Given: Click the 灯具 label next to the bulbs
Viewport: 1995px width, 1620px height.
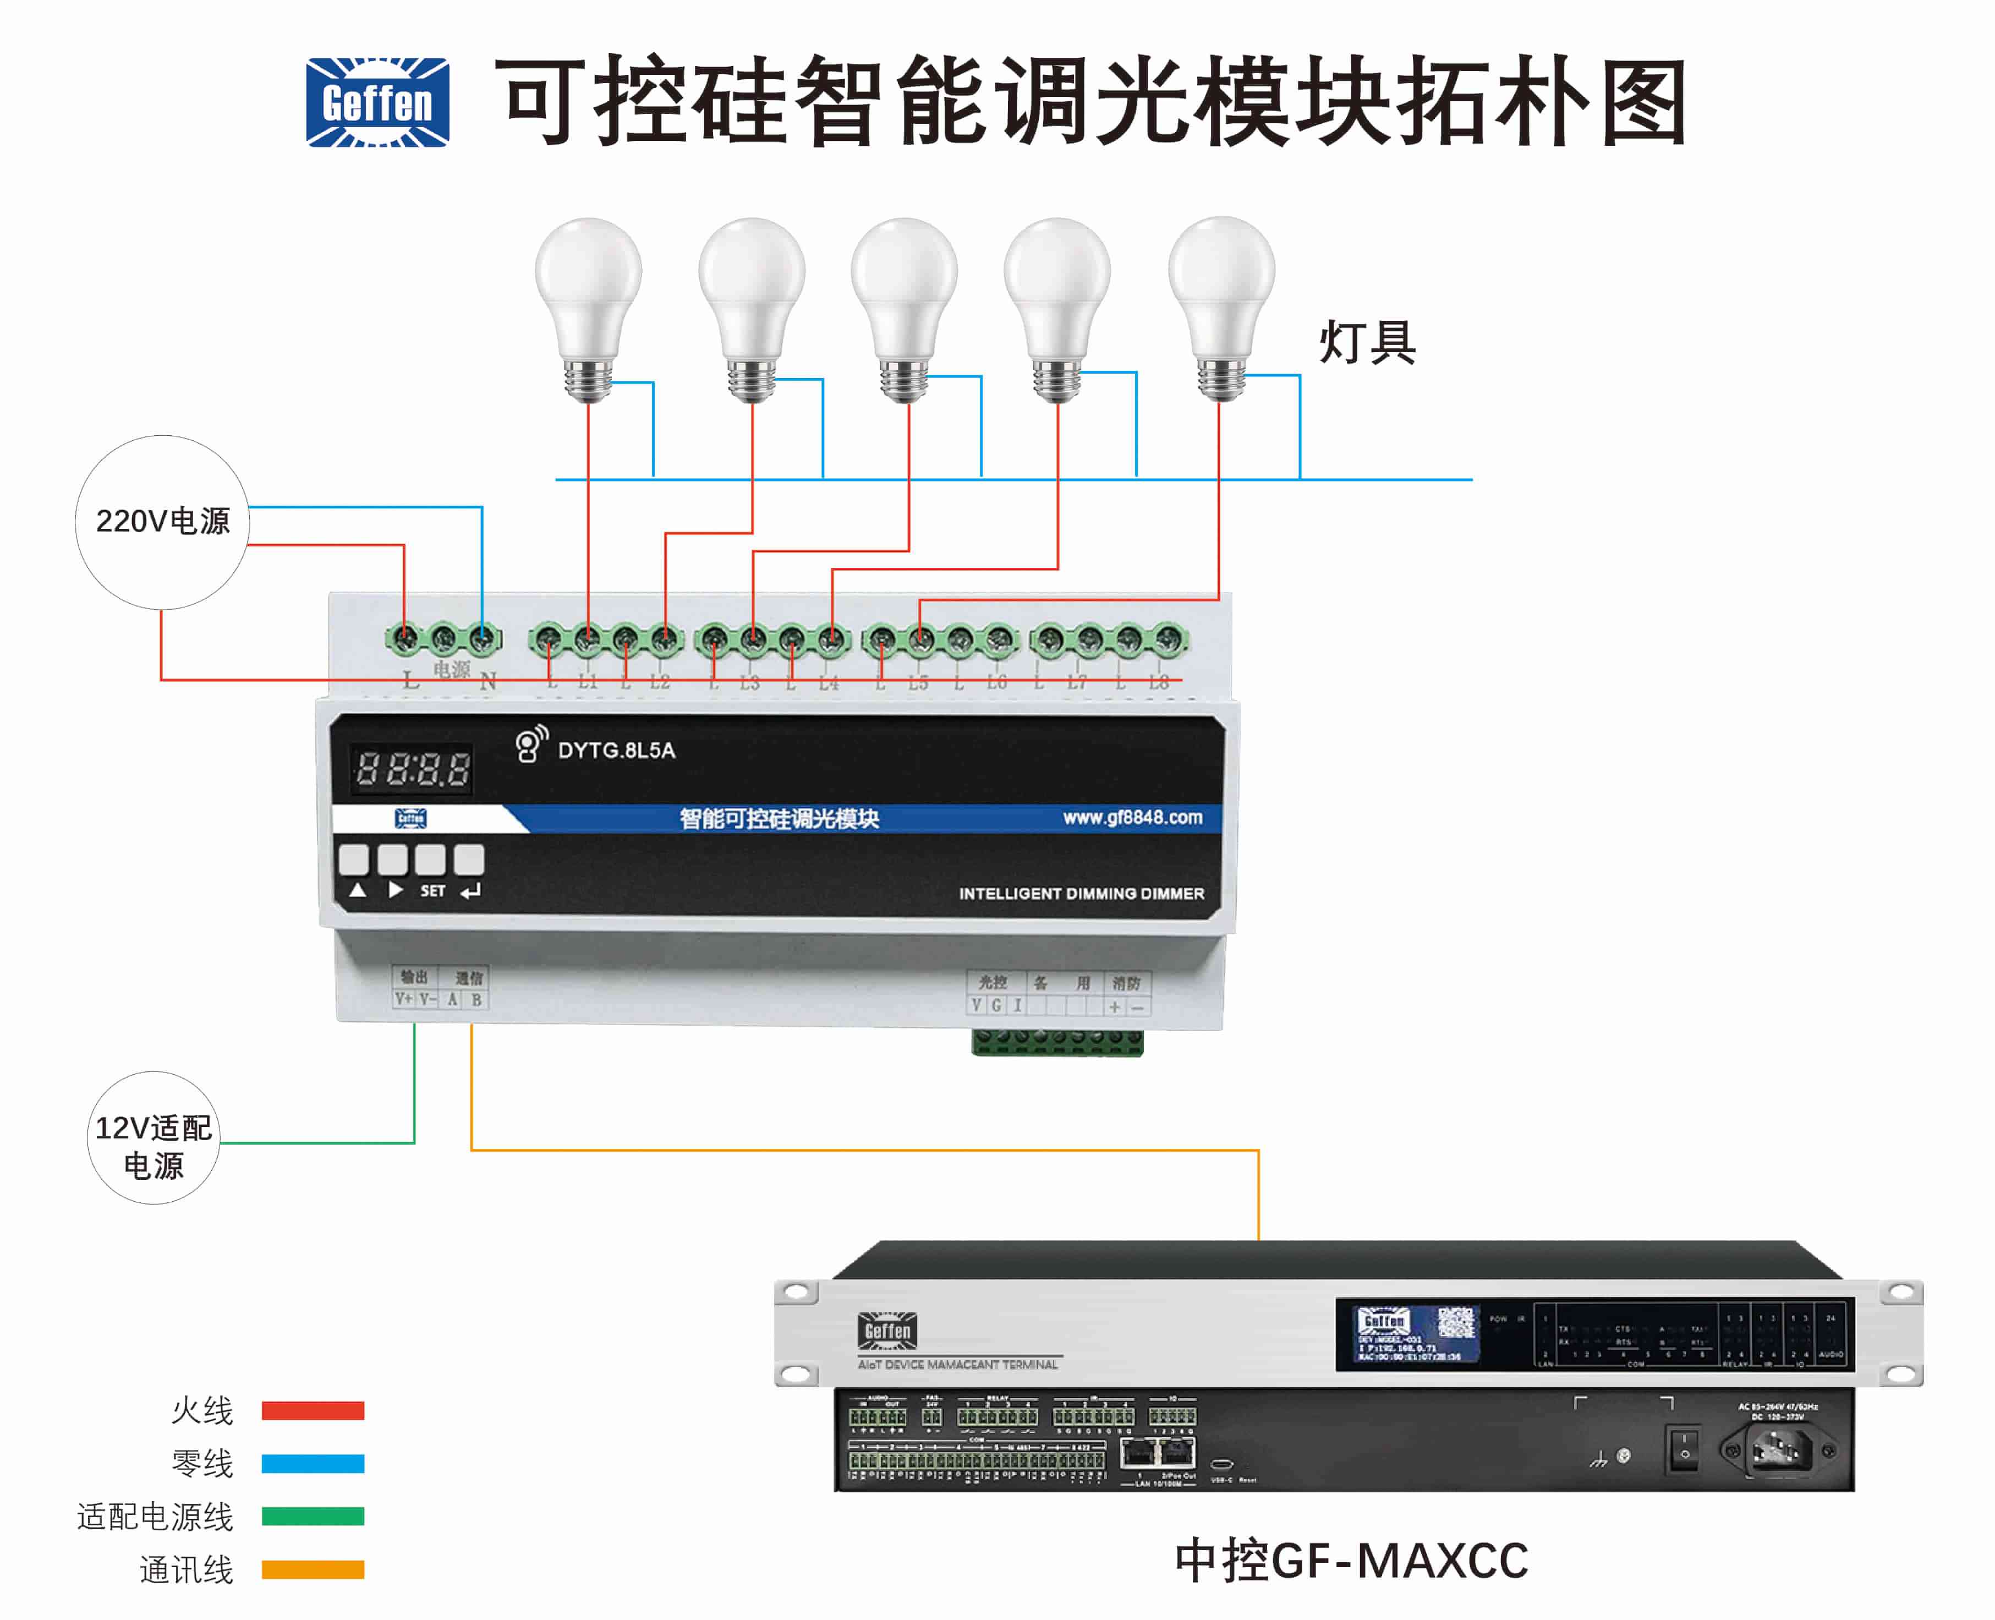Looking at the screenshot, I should click(x=1367, y=342).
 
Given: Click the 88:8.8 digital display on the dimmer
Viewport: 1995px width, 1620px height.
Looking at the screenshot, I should click(x=412, y=769).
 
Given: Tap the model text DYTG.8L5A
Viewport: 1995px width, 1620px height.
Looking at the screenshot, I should click(x=616, y=750).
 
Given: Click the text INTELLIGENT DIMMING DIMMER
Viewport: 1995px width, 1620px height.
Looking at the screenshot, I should click(x=1081, y=893).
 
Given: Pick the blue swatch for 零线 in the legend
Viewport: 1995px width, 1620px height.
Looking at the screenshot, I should click(x=313, y=1463).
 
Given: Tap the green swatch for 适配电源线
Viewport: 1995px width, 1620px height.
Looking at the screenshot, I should click(x=313, y=1517).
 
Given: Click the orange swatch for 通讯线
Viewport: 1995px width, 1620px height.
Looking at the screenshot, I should click(x=313, y=1569).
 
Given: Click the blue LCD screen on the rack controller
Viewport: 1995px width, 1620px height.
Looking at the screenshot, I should click(x=1416, y=1334).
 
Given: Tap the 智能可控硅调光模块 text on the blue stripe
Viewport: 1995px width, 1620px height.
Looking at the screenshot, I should click(x=779, y=818).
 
